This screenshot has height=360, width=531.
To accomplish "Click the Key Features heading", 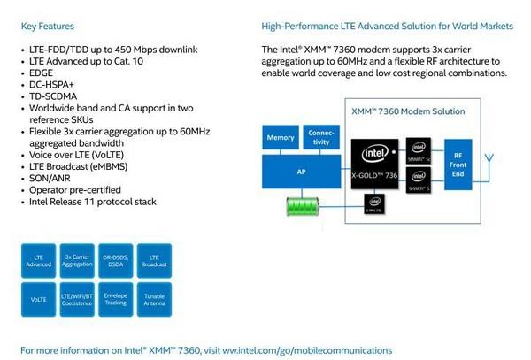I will tap(48, 27).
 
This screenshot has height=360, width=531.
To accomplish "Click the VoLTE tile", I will tap(39, 299).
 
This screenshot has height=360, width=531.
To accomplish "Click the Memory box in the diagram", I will tap(281, 138).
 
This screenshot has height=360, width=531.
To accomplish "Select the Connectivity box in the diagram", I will tap(320, 138).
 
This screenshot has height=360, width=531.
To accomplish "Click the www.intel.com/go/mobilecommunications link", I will tap(306, 350).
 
